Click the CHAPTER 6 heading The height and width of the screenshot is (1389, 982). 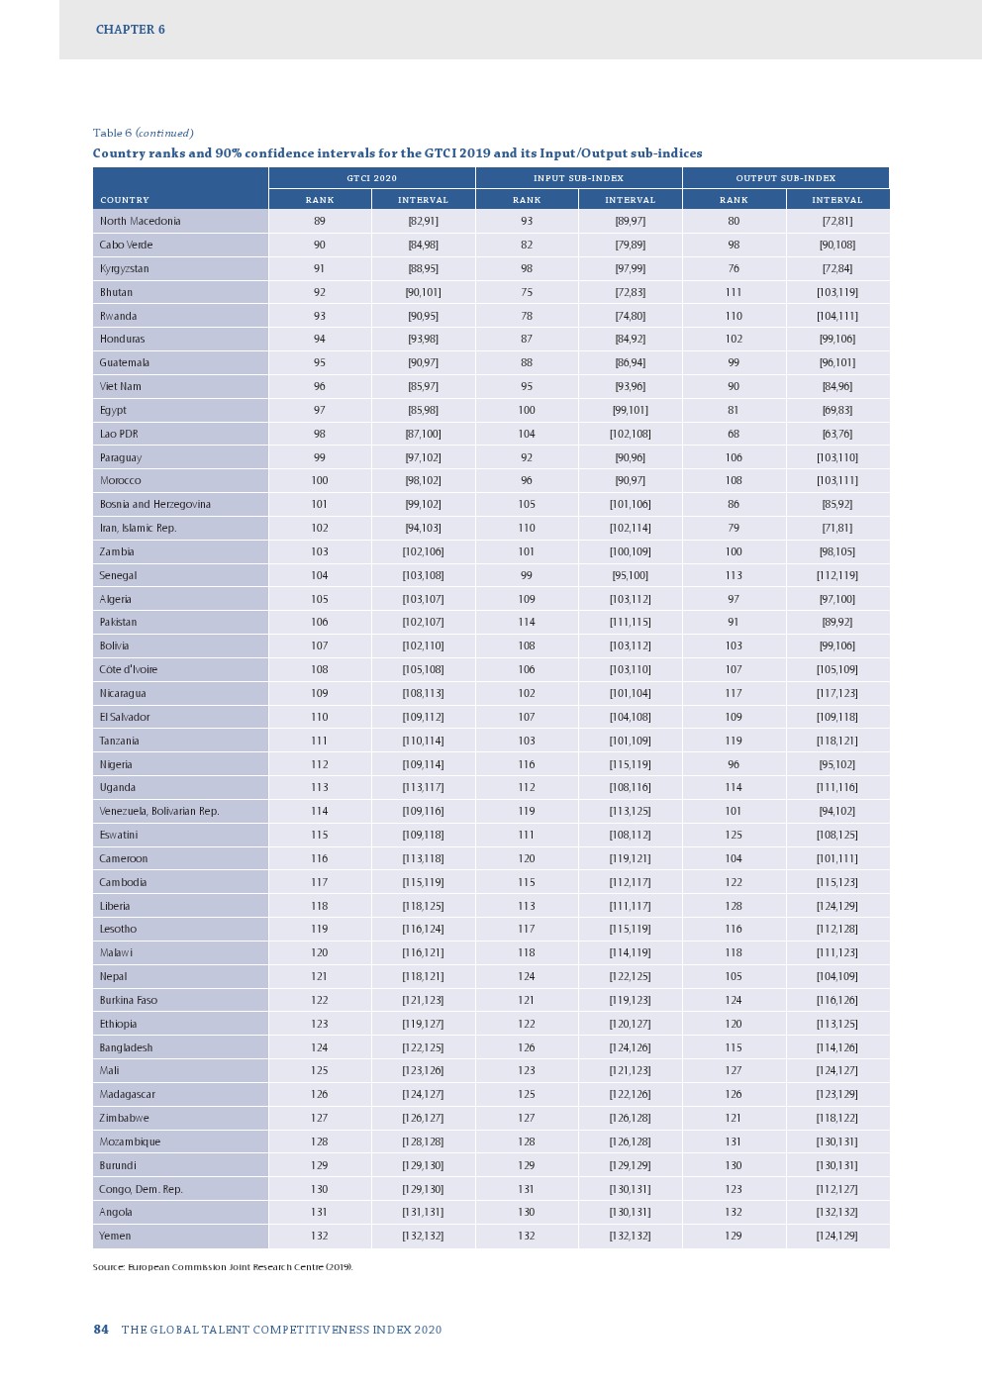click(130, 30)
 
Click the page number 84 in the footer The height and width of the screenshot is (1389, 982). click(101, 1330)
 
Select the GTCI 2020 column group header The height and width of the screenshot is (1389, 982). click(371, 178)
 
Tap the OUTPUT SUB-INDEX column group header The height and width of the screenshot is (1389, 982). click(785, 178)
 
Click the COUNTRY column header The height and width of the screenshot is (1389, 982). click(125, 200)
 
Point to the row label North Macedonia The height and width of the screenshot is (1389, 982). click(140, 221)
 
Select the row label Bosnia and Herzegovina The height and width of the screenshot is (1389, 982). click(154, 504)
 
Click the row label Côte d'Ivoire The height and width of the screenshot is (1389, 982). click(128, 669)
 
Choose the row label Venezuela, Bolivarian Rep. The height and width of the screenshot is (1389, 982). click(158, 811)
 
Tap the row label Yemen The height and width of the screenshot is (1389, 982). click(115, 1236)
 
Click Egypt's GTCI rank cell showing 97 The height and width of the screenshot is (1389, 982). click(319, 410)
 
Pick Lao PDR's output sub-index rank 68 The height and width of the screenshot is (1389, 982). click(734, 434)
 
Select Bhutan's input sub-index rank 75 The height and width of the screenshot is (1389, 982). click(527, 292)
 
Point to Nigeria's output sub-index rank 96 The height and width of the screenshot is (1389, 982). click(734, 764)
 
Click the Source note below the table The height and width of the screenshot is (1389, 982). click(223, 1267)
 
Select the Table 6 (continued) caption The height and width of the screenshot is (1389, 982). click(143, 133)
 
